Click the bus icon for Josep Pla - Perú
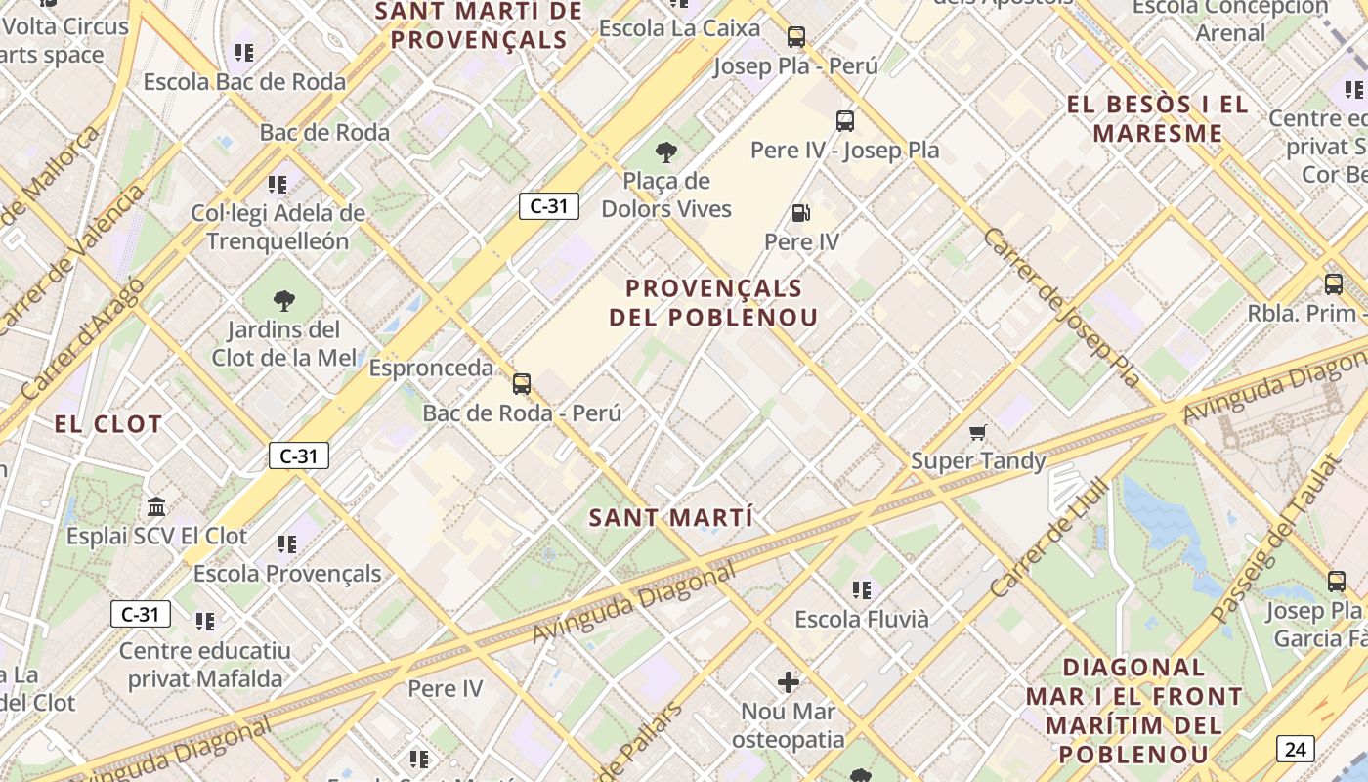pyautogui.click(x=796, y=37)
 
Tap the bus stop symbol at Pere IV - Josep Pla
pyautogui.click(x=845, y=121)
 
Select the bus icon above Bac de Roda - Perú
pyautogui.click(x=522, y=383)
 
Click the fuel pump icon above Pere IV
pyautogui.click(x=800, y=212)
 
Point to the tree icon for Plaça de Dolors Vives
pyautogui.click(x=666, y=152)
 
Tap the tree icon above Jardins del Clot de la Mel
pyautogui.click(x=284, y=300)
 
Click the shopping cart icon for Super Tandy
pyautogui.click(x=977, y=432)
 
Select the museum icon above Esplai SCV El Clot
pyautogui.click(x=156, y=506)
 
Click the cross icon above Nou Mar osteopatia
pyautogui.click(x=789, y=681)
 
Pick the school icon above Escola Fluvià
pyautogui.click(x=861, y=589)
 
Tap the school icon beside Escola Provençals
pyautogui.click(x=286, y=543)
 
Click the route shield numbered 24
pyautogui.click(x=1295, y=750)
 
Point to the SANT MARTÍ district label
pyautogui.click(x=670, y=518)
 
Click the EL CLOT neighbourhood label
pyautogui.click(x=107, y=424)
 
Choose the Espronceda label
pyautogui.click(x=431, y=369)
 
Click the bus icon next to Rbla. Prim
pyautogui.click(x=1333, y=284)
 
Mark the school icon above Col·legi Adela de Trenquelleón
pyautogui.click(x=278, y=184)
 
